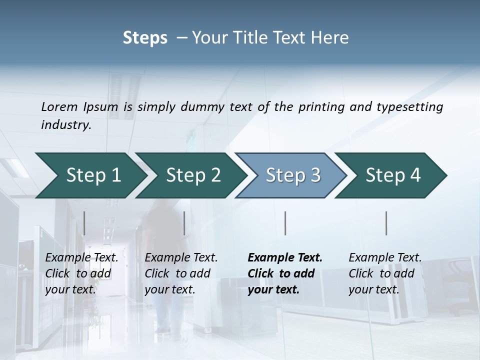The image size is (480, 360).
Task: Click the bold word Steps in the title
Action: coord(145,38)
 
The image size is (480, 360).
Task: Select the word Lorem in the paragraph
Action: coord(59,106)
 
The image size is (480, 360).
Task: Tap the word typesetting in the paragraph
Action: coord(409,106)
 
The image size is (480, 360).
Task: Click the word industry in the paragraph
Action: coord(65,124)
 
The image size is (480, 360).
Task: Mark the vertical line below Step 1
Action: coord(84,223)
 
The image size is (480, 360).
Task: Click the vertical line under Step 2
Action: coord(184,223)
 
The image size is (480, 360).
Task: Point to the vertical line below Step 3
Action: coord(285,223)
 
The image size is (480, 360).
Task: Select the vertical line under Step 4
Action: coord(386,223)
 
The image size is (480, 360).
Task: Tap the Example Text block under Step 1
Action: coord(81,273)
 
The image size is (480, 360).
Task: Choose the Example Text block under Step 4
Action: coord(384,273)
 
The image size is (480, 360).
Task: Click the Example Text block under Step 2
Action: coord(180,273)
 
